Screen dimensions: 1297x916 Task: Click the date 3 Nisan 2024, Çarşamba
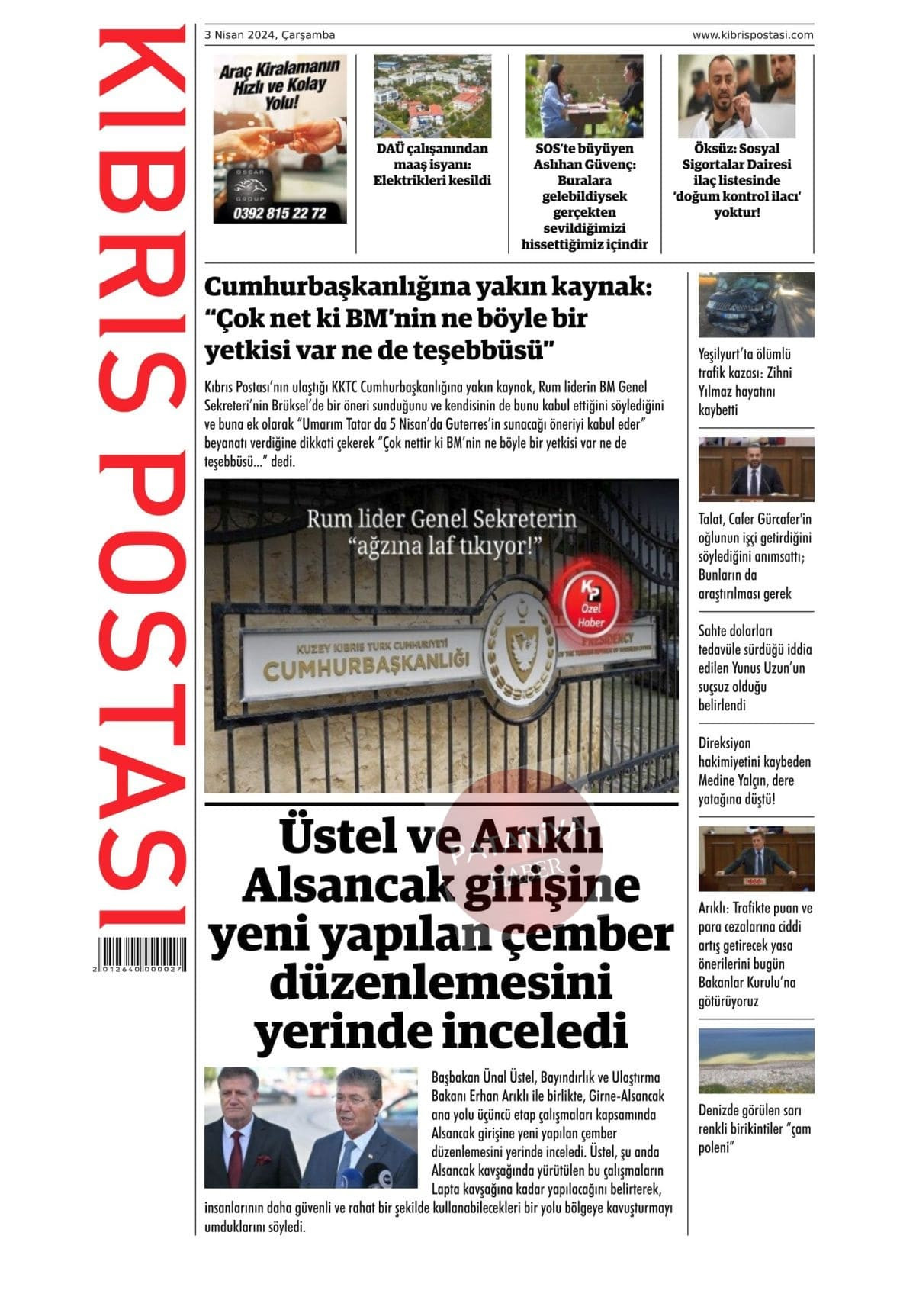click(270, 35)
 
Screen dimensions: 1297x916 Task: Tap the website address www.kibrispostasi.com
click(752, 35)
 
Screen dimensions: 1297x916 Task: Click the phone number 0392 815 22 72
click(280, 213)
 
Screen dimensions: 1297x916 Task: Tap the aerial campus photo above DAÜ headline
click(432, 96)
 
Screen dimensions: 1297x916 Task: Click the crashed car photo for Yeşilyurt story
click(756, 305)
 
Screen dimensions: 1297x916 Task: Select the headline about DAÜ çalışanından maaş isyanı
click(432, 165)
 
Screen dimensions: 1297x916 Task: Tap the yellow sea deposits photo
click(756, 1060)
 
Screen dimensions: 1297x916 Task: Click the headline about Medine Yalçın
click(754, 771)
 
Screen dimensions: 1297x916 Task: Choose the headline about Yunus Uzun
click(754, 668)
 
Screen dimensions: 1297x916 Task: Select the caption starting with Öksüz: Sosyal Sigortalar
click(736, 180)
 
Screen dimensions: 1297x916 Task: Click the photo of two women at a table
click(583, 96)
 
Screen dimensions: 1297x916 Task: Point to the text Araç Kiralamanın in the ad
click(278, 68)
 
